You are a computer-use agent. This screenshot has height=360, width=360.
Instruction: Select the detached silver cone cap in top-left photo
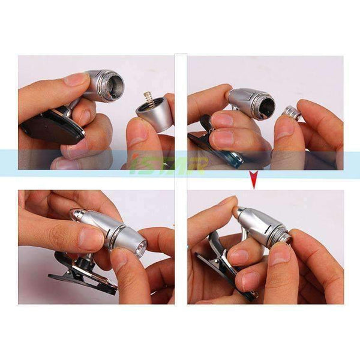pos(152,113)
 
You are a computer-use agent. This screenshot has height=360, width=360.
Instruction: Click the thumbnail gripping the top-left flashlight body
pos(77,79)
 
